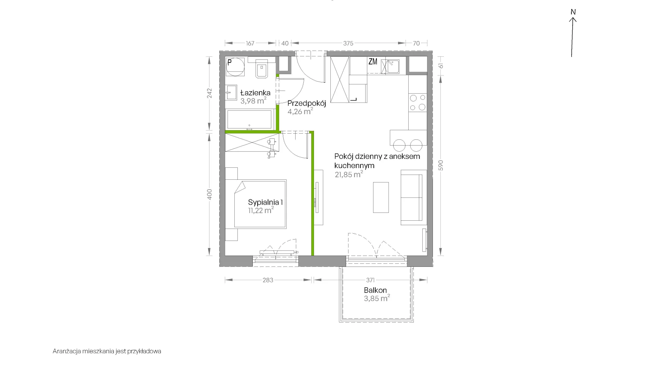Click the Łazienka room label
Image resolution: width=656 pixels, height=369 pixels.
pyautogui.click(x=255, y=93)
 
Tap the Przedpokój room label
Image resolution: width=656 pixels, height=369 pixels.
pyautogui.click(x=306, y=103)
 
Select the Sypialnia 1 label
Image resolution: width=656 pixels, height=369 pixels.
pyautogui.click(x=265, y=202)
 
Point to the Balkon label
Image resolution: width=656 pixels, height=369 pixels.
pyautogui.click(x=375, y=290)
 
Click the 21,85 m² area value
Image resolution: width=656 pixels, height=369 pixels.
pyautogui.click(x=349, y=175)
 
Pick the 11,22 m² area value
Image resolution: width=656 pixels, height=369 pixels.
pyautogui.click(x=261, y=210)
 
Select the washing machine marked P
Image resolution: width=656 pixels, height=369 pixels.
pyautogui.click(x=235, y=67)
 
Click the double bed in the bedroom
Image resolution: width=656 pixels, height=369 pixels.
pyautogui.click(x=260, y=204)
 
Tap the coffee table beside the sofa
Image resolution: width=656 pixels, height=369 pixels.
pyautogui.click(x=381, y=197)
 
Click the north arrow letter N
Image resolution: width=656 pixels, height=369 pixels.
pyautogui.click(x=573, y=12)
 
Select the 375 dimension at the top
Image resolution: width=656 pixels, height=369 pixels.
pyautogui.click(x=348, y=43)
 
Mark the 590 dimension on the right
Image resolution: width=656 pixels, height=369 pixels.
pyautogui.click(x=441, y=165)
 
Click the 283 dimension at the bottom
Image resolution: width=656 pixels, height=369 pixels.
pyautogui.click(x=268, y=280)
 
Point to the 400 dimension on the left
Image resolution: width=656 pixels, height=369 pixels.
pyautogui.click(x=210, y=194)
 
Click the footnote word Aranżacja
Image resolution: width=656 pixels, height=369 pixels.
pyautogui.click(x=67, y=351)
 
